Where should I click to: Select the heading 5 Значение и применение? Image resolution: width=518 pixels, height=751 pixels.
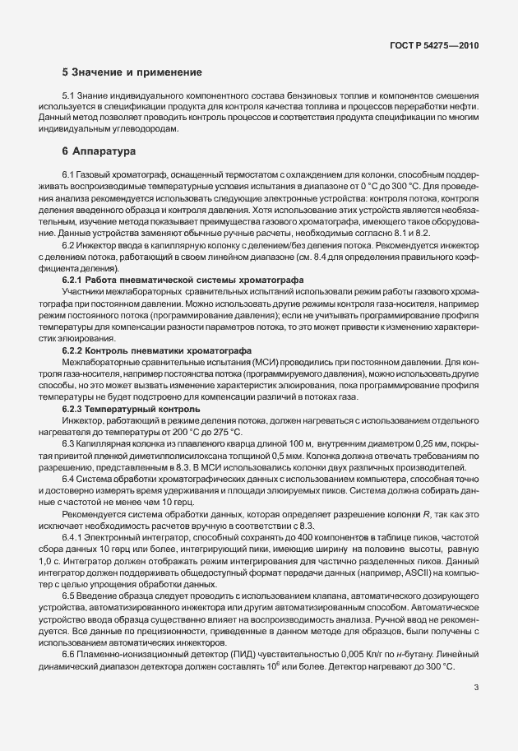click(132, 72)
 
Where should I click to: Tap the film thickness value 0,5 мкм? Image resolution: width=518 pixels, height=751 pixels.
click(307, 455)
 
